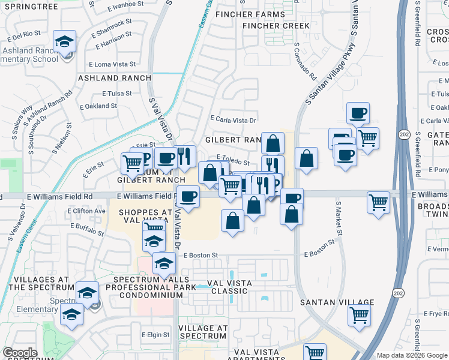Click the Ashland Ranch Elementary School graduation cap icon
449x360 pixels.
[x=64, y=42]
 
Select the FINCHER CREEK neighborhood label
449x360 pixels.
[x=276, y=26]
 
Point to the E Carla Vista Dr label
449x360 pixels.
[x=233, y=120]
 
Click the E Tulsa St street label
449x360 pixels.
[x=116, y=94]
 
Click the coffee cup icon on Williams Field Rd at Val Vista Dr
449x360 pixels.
[x=188, y=197]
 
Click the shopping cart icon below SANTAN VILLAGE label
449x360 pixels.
[x=360, y=314]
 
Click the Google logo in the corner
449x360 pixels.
[x=20, y=353]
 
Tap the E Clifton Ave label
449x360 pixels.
[x=87, y=211]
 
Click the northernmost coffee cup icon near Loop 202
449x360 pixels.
[x=358, y=113]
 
